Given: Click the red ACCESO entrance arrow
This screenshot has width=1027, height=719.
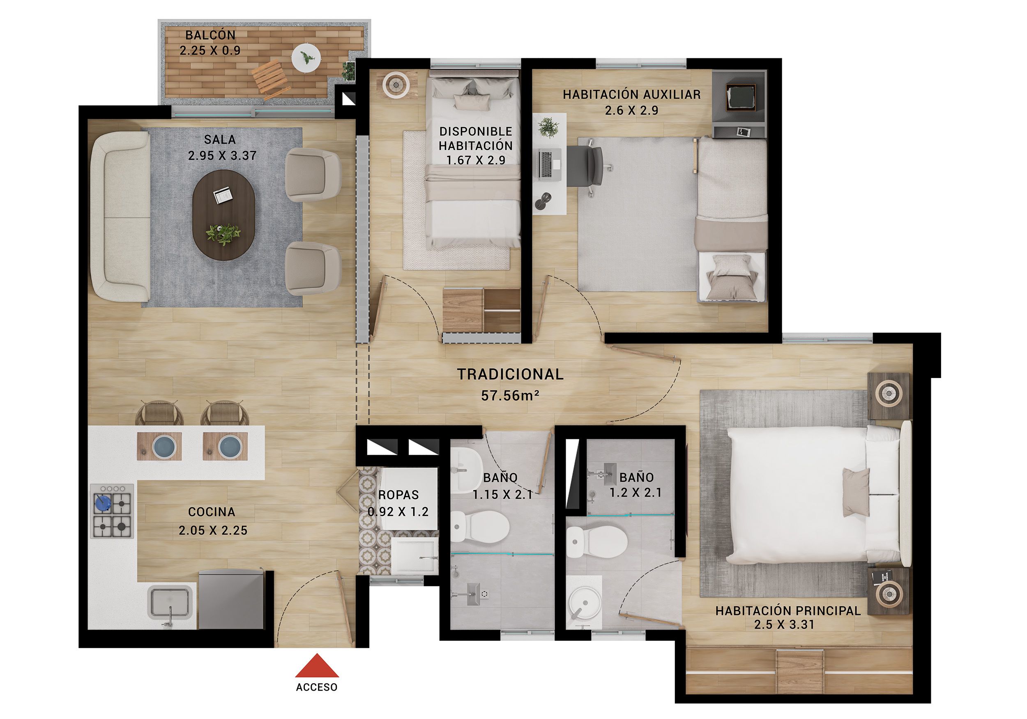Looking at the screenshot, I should coord(317,666).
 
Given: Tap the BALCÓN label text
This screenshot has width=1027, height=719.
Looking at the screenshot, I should coord(210,35).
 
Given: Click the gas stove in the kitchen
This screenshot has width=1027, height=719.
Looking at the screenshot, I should coord(112,511).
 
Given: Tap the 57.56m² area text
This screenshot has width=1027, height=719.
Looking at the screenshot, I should coord(509,396).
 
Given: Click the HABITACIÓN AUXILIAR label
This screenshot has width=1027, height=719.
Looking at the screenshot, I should coord(631,94).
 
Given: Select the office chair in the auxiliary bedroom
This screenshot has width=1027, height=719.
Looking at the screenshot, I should coord(587,166).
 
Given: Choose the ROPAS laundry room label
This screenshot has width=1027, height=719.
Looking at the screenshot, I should coord(398,495).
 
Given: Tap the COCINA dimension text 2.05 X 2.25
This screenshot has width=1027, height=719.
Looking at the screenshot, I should coord(213,531).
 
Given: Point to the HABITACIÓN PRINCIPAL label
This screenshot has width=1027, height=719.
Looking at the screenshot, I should coord(788,611).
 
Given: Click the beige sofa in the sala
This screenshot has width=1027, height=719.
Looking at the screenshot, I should coord(120,216).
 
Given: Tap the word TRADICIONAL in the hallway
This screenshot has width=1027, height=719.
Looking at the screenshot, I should coord(510,374).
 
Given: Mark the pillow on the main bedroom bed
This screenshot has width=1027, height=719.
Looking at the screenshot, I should coord(856,493).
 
